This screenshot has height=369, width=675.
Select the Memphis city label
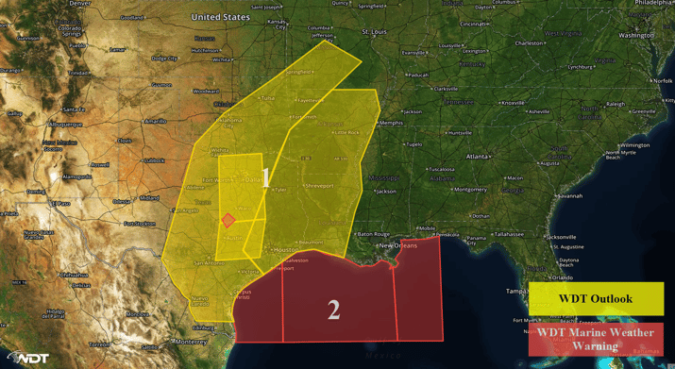[390, 124]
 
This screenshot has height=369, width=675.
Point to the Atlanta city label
[478, 156]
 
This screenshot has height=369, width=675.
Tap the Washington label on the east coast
[636, 36]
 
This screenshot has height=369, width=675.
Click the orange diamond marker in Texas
[228, 221]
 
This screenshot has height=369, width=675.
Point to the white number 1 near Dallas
[266, 176]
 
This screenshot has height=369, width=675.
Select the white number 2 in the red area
[333, 309]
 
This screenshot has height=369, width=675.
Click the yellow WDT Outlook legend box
[596, 299]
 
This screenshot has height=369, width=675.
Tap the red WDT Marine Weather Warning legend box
[596, 339]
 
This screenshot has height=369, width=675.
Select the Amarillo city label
[156, 122]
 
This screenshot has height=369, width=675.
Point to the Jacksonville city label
[564, 237]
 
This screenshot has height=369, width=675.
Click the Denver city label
[80, 4]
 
